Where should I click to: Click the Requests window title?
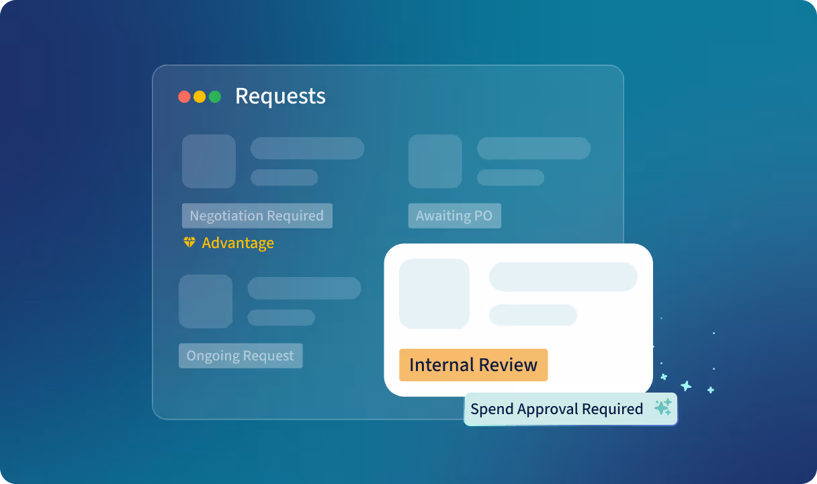(280, 96)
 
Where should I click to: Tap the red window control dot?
(184, 97)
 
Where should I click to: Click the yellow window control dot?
(200, 97)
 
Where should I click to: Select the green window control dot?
(215, 97)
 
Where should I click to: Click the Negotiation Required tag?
(257, 216)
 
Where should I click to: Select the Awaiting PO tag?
(454, 216)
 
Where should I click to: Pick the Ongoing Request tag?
(241, 356)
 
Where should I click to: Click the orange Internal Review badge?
(474, 365)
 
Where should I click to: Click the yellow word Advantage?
(238, 243)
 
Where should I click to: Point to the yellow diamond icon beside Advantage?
(189, 242)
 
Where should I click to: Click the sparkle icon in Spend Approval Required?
(663, 407)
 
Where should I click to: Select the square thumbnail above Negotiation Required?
(209, 161)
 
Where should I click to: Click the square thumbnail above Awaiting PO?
(435, 161)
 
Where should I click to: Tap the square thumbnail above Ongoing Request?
(206, 302)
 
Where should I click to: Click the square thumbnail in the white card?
(434, 294)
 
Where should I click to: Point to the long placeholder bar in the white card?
(563, 277)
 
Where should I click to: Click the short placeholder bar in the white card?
(533, 315)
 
